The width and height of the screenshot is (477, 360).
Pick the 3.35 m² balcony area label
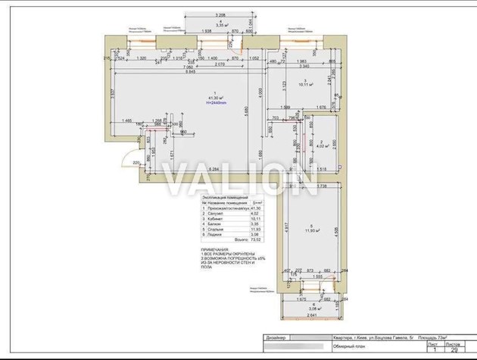tap(222, 26)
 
